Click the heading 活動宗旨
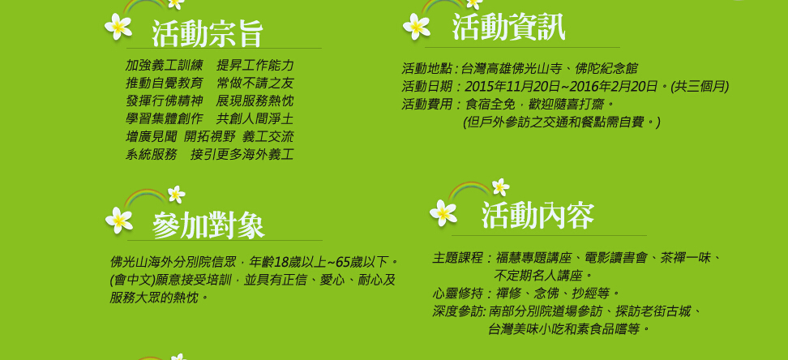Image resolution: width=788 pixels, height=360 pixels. click(208, 34)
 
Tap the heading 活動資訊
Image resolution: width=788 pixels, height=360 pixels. click(508, 27)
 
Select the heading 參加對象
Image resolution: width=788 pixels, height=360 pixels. click(208, 225)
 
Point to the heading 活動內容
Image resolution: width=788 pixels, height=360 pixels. click(537, 216)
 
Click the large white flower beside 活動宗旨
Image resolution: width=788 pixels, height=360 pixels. click(118, 26)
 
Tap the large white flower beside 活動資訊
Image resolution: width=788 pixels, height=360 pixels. click(417, 26)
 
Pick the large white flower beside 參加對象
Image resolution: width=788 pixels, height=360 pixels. click(119, 220)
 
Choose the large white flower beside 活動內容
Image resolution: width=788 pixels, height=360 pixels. click(443, 212)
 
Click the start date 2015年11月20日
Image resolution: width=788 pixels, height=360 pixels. click(512, 87)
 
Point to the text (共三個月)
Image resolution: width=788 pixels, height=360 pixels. click(700, 87)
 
